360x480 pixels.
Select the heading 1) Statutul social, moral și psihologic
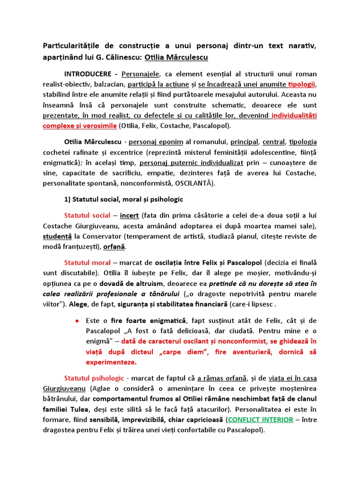[x=123, y=199]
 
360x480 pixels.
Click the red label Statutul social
[x=88, y=216]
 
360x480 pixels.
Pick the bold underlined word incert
[x=129, y=216]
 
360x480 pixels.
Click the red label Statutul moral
[x=88, y=262]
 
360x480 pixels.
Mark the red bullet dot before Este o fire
[x=76, y=321]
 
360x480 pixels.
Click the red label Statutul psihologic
[x=94, y=378]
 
